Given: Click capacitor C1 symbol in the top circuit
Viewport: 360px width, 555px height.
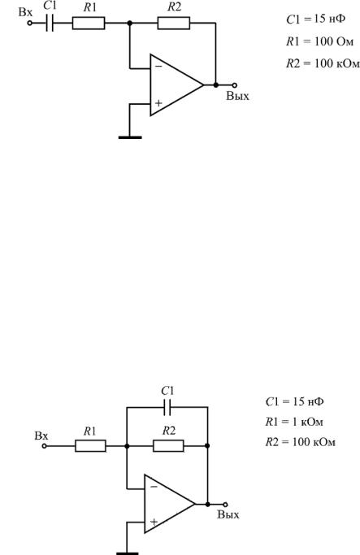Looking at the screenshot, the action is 50,23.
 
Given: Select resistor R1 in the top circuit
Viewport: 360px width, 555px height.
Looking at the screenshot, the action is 89,23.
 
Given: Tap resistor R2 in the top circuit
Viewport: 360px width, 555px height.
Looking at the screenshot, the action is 173,23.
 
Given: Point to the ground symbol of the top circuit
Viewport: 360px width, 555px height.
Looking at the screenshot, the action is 130,137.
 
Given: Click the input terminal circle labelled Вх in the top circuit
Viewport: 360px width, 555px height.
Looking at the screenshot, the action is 30,23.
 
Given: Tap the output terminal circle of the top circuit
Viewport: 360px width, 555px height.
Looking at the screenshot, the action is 234,85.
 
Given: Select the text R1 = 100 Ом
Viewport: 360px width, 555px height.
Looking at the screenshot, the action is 319,41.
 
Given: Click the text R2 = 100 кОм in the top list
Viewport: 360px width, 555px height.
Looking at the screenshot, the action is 323,63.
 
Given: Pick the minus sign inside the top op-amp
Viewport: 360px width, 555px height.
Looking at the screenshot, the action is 158,66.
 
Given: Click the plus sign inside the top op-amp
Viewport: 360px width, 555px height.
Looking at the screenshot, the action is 158,103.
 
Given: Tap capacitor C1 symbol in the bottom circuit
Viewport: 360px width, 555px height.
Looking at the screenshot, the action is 167,407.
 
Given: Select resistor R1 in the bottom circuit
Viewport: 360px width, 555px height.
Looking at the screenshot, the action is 90,446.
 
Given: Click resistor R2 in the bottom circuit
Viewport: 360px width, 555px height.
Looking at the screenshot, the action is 168,446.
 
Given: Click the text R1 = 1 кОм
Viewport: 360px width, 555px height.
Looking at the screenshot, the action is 294,422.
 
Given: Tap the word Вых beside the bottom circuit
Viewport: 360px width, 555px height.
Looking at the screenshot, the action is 228,514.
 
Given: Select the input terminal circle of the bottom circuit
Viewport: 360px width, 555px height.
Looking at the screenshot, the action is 44,446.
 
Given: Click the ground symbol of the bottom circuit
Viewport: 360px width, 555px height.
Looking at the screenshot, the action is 127,553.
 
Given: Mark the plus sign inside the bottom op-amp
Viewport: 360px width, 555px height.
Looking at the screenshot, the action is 154,522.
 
